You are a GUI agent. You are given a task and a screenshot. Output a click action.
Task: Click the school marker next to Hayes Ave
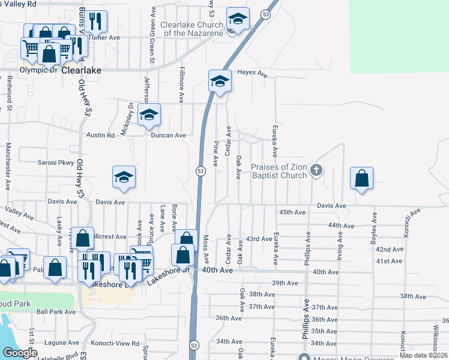click(220, 80)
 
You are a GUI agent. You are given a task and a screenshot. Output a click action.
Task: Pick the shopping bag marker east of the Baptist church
click(361, 178)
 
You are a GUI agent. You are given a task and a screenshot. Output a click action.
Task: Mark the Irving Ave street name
click(340, 247)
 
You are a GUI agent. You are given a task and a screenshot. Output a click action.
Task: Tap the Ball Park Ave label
click(56, 312)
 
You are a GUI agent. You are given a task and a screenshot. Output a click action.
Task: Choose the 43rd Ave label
click(261, 239)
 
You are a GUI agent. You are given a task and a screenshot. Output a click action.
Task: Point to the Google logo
click(20, 353)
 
